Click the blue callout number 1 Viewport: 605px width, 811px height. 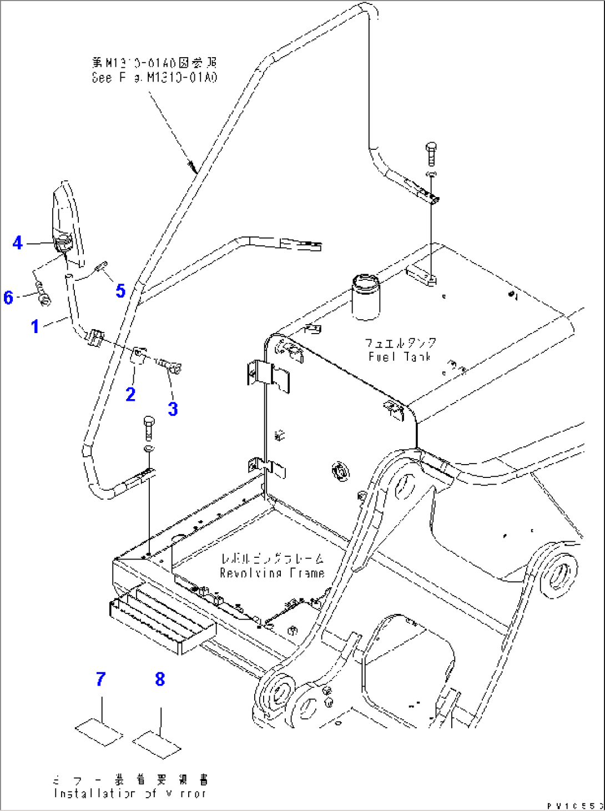[x=35, y=326]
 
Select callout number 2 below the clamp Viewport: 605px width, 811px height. [x=130, y=394]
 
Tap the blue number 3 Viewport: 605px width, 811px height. [x=173, y=409]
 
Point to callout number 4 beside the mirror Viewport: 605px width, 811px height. [x=18, y=243]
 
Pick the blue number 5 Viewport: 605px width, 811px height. [x=120, y=290]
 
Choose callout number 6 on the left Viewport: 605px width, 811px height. [x=8, y=297]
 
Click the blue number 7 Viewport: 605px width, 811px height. [x=100, y=679]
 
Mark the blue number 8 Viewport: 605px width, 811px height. [x=160, y=679]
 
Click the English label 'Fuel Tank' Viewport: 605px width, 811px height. [x=400, y=357]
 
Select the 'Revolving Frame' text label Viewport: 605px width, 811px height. [x=272, y=573]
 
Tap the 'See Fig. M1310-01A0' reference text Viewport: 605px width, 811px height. [x=154, y=78]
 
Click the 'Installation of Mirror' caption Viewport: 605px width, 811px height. [x=130, y=794]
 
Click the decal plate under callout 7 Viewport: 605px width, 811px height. [x=99, y=733]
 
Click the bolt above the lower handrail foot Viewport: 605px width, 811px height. [x=149, y=427]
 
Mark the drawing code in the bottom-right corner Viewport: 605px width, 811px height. [x=574, y=805]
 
